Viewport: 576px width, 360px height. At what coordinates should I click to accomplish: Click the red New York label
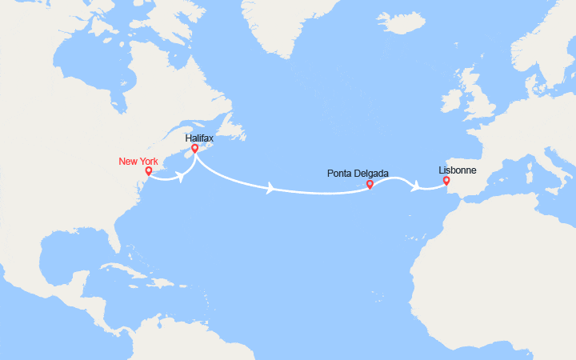[138, 162]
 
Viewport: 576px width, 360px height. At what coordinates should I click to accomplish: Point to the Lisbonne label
[456, 170]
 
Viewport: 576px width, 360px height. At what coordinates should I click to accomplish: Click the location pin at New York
[148, 170]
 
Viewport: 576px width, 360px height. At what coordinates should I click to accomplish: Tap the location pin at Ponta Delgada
[370, 185]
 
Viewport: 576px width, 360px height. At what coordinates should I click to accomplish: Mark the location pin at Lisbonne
[446, 181]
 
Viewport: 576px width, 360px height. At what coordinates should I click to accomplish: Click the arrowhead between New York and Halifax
[182, 177]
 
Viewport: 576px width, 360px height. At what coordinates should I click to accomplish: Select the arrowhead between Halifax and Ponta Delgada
[272, 189]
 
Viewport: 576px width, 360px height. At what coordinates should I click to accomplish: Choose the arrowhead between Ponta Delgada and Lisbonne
[415, 186]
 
